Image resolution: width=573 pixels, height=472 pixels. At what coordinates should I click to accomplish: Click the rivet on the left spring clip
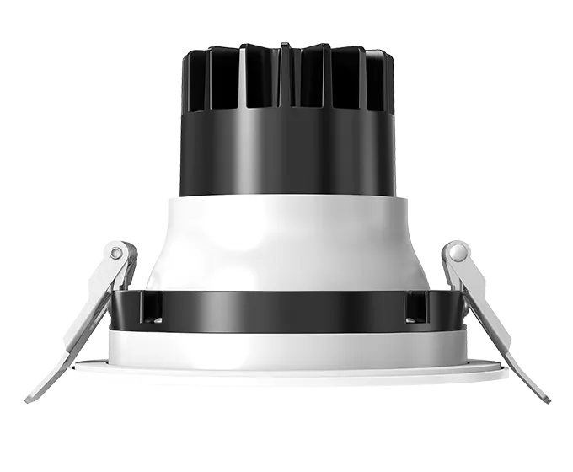click(115, 252)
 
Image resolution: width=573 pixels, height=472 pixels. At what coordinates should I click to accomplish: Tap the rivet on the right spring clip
click(458, 252)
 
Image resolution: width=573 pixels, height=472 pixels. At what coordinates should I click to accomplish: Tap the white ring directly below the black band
click(286, 346)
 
